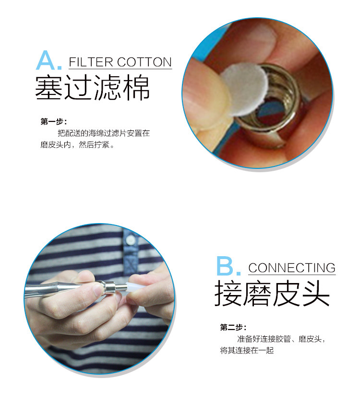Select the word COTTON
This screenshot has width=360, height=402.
tap(144, 62)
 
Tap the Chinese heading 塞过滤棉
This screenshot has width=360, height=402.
tap(92, 87)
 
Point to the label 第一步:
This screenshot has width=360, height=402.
tap(54, 121)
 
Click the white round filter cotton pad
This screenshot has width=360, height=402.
tap(244, 88)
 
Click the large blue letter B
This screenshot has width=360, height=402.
tap(226, 266)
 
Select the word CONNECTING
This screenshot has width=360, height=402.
tap(292, 268)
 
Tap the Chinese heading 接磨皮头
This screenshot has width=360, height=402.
tap(272, 293)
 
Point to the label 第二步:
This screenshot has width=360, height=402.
tap(233, 327)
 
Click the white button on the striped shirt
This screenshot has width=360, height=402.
tap(131, 240)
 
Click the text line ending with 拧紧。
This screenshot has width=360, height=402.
tap(77, 145)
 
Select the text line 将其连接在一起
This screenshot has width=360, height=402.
tap(247, 350)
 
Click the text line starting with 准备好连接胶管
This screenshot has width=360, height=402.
tap(281, 339)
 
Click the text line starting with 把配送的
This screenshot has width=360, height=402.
tap(104, 133)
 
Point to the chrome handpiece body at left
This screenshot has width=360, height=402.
tap(59, 289)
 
